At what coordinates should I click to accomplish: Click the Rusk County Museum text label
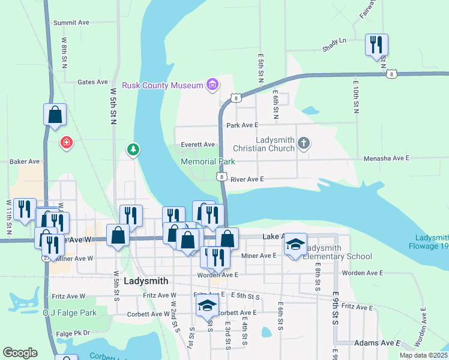click(163, 85)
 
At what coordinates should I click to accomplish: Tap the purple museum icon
click(212, 85)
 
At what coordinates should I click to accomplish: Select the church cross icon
click(304, 143)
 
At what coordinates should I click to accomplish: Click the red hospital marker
click(66, 143)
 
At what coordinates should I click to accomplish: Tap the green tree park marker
click(133, 149)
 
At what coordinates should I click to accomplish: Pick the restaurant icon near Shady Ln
click(377, 44)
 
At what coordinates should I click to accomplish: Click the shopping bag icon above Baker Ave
click(55, 115)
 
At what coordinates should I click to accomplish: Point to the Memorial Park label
click(208, 161)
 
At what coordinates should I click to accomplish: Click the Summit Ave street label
click(71, 22)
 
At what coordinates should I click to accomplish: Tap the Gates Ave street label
click(92, 82)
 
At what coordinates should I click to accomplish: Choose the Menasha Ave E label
click(386, 158)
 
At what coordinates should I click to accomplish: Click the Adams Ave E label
click(377, 343)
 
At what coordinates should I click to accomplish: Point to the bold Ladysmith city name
click(145, 281)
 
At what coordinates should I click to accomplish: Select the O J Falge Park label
click(70, 313)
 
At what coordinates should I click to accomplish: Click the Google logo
click(20, 352)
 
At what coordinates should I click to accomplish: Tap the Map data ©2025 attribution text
click(423, 355)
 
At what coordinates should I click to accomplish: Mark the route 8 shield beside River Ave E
click(222, 176)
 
